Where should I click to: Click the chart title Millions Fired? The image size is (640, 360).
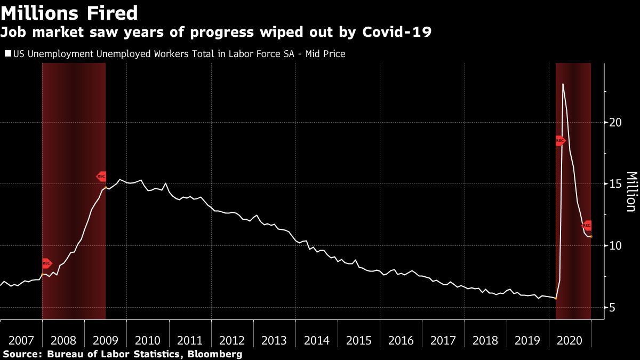tap(69, 13)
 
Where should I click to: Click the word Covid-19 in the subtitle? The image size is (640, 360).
tap(396, 33)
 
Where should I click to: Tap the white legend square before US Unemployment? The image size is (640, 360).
tap(7, 54)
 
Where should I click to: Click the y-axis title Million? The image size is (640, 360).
tap(631, 191)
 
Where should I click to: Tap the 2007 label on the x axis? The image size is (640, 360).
tap(21, 340)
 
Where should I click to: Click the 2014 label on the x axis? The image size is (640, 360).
tap(317, 340)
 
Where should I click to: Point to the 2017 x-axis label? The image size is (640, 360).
tap(443, 340)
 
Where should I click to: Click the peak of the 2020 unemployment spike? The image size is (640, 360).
tap(563, 84)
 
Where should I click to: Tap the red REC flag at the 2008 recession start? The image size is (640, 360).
tap(46, 263)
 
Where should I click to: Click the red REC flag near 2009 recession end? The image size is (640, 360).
tap(101, 176)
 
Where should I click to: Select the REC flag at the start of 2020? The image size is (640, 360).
tap(560, 141)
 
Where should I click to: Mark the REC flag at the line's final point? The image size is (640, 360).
tap(587, 226)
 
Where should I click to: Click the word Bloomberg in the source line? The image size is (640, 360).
tap(217, 354)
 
